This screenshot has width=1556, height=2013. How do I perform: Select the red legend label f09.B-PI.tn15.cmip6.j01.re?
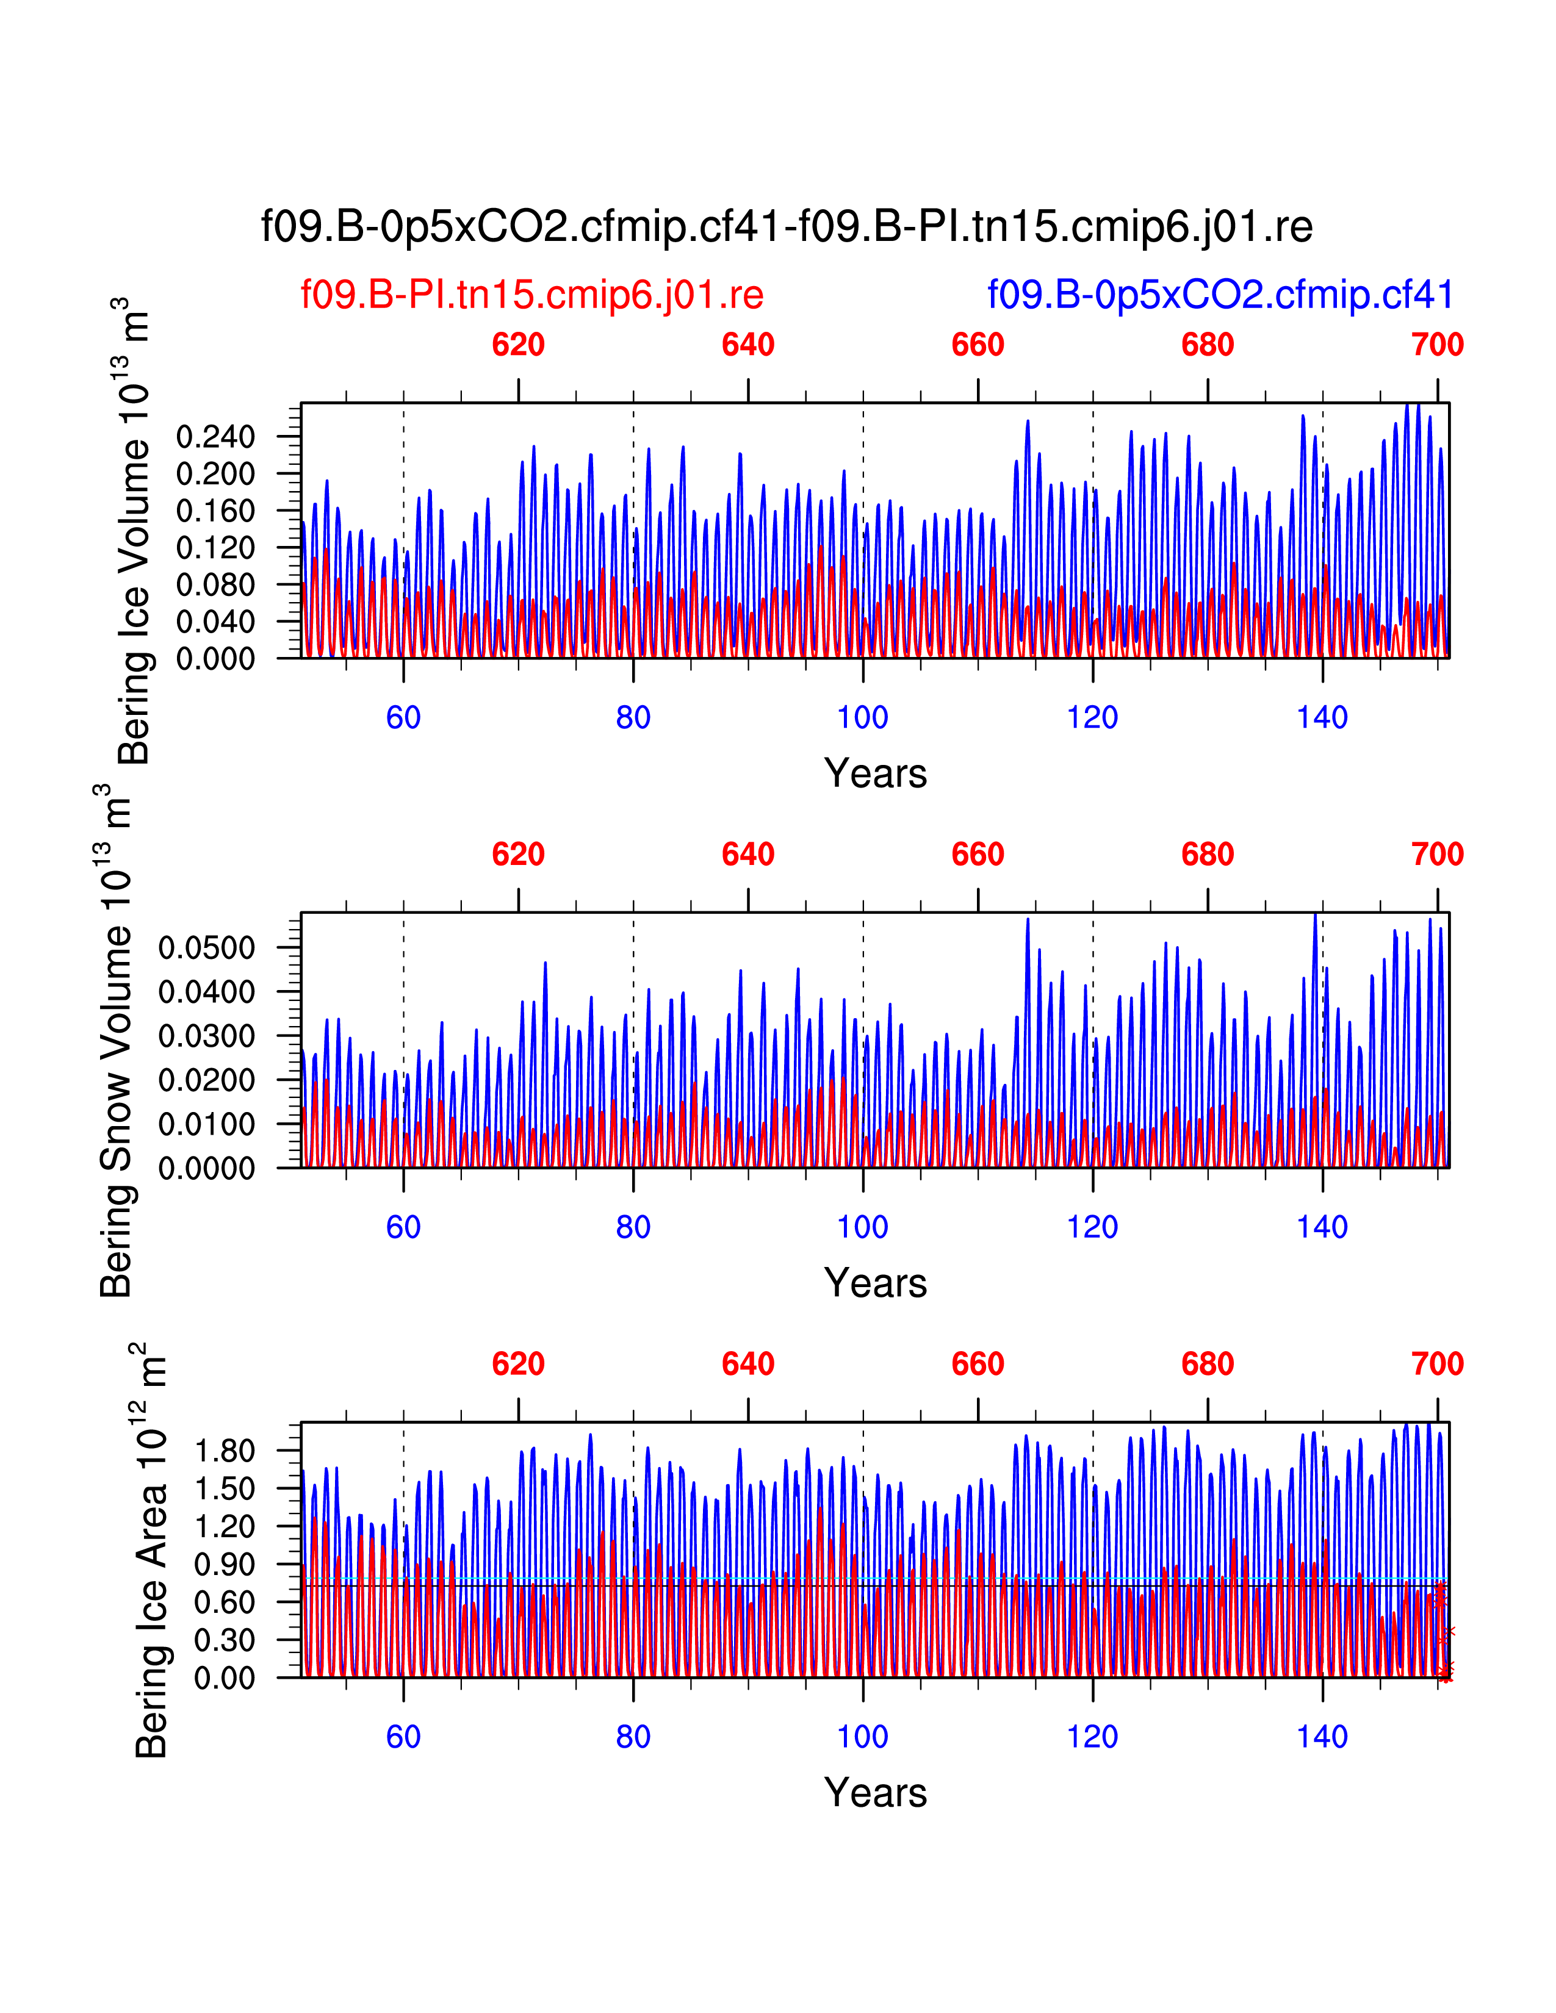click(x=532, y=295)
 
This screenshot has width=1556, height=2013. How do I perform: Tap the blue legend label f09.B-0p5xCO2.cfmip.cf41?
click(x=1220, y=295)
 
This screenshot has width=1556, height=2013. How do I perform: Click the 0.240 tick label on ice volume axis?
click(x=215, y=437)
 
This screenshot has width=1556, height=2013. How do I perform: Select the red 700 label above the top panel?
click(x=1437, y=345)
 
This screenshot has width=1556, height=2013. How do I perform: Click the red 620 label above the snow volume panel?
click(x=518, y=855)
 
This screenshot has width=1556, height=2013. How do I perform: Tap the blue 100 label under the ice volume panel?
click(x=863, y=717)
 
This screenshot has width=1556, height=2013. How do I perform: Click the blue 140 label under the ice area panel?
click(x=1322, y=1737)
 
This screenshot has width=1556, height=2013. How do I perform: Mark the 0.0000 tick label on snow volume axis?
click(x=206, y=1169)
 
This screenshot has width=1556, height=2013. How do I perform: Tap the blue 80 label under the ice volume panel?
click(x=633, y=717)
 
